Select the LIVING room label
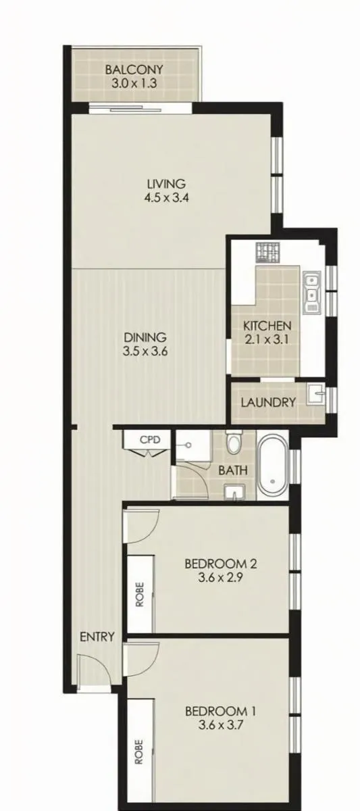[x=167, y=184]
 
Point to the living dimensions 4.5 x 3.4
[x=167, y=199]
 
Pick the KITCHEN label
[x=267, y=326]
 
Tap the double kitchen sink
[x=311, y=292]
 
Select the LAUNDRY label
[x=268, y=403]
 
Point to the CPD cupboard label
[x=150, y=439]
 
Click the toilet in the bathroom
[x=234, y=443]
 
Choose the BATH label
[x=232, y=470]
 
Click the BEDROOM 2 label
[x=221, y=563]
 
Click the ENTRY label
[x=97, y=637]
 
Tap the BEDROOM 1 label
[x=221, y=711]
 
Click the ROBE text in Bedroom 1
[x=140, y=752]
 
